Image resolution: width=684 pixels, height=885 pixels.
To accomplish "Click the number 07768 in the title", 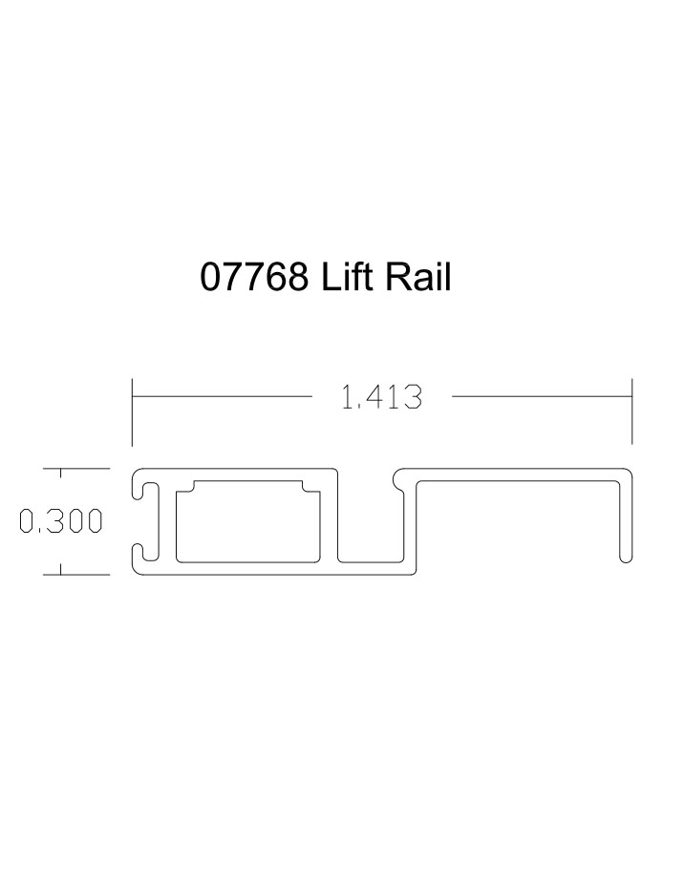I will pos(254,278).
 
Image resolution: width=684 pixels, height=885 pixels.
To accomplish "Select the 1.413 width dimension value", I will pos(381,397).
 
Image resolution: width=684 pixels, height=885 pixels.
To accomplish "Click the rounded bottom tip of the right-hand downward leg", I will pos(626,558).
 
